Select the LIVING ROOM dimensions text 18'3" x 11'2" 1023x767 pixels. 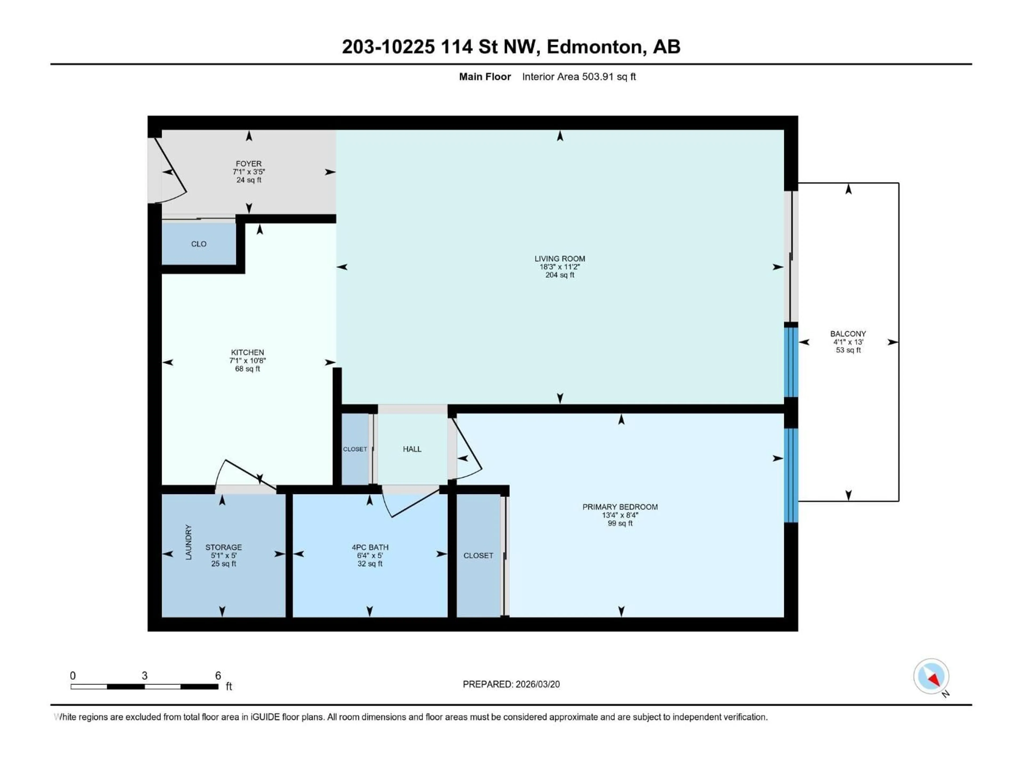[560, 267]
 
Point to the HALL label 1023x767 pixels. [412, 449]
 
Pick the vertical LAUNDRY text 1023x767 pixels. [188, 542]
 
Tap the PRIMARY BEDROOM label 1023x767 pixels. [620, 507]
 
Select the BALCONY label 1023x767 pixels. [848, 334]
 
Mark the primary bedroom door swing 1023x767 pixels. [468, 451]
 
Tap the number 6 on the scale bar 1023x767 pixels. [218, 675]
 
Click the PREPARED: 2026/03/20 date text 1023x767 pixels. [511, 684]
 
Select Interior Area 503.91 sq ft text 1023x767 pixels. [579, 77]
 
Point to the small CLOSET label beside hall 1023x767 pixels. [355, 449]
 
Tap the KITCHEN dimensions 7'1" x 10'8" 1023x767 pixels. [247, 361]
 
